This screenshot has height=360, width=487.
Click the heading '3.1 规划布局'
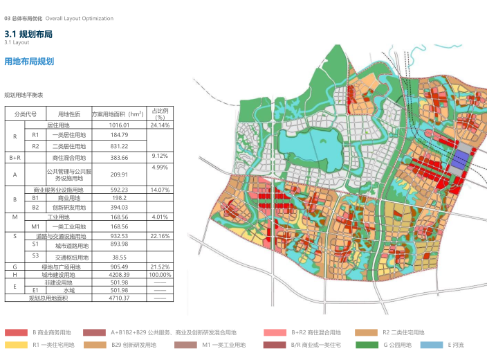click(x=28, y=34)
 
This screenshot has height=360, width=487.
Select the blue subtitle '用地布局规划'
click(x=29, y=62)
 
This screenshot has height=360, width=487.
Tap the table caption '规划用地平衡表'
click(x=24, y=95)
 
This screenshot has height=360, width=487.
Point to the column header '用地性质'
click(x=69, y=114)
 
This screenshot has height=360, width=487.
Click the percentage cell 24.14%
click(x=160, y=125)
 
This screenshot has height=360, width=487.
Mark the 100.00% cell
click(x=160, y=274)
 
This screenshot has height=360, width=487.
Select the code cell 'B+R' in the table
click(x=15, y=158)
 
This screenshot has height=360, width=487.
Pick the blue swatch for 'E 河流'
click(x=432, y=344)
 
